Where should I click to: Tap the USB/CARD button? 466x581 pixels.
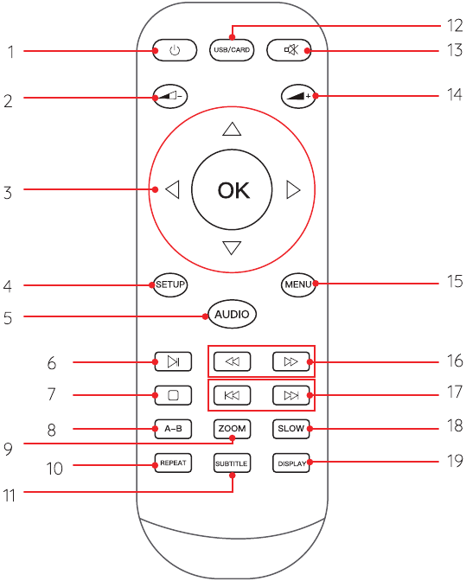232,49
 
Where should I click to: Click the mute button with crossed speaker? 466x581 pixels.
289,49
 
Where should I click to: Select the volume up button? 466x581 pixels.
298,96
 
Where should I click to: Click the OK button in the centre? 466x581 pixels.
232,189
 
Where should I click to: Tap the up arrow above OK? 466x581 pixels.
232,129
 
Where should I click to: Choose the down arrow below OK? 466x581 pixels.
232,247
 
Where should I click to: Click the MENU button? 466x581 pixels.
298,284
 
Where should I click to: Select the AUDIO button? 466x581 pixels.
232,314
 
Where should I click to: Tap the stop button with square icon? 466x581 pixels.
173,395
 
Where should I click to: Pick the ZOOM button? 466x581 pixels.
232,429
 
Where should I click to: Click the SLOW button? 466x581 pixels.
291,429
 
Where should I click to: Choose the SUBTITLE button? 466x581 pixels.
232,463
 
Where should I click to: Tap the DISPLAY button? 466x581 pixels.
291,463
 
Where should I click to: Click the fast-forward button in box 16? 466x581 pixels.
291,361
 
